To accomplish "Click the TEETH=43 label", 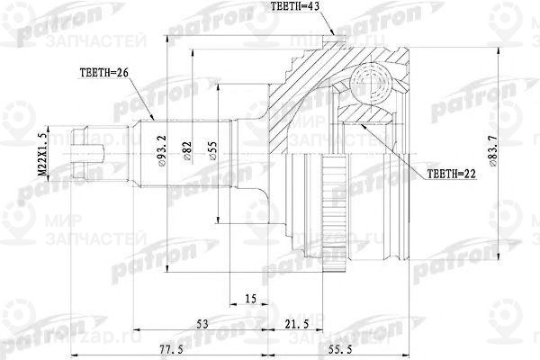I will [x=296, y=8].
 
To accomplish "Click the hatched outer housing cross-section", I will [x=301, y=90].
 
